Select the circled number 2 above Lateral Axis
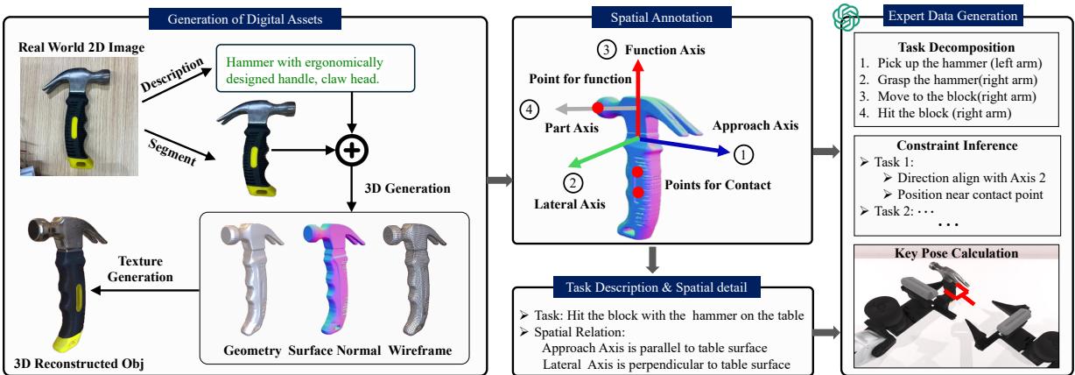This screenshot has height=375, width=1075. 573,183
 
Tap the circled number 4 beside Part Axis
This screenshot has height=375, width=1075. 528,110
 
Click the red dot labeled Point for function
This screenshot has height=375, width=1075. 599,108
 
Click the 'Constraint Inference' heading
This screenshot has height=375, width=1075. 955,144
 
